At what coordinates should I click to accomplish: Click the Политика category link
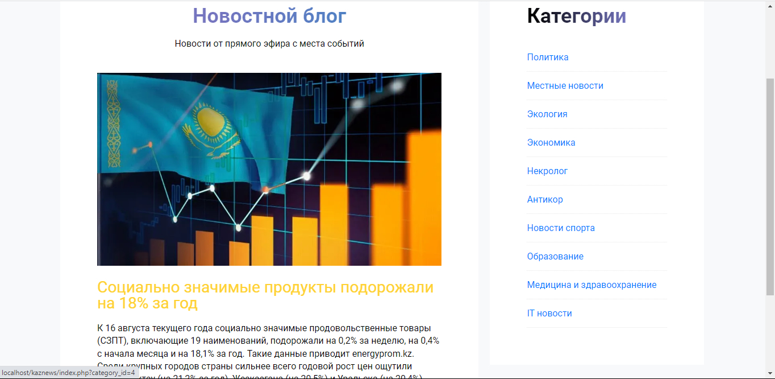(x=548, y=57)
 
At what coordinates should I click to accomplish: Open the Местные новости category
(x=565, y=86)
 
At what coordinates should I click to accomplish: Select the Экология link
(x=547, y=114)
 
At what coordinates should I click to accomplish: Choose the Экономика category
(x=551, y=143)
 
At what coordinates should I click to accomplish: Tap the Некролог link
(x=547, y=171)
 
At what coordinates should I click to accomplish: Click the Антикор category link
(x=545, y=200)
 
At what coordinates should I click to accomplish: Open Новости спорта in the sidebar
(x=561, y=228)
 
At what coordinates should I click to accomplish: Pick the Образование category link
(x=555, y=257)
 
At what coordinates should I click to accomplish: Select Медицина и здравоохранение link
(x=591, y=285)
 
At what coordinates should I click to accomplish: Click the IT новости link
(x=549, y=314)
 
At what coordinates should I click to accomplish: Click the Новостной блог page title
(x=269, y=16)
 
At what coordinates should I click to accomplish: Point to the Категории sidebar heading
(x=576, y=16)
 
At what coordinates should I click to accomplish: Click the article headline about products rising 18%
(x=265, y=295)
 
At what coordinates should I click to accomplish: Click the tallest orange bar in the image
(x=423, y=199)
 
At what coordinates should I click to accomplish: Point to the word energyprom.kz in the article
(x=382, y=353)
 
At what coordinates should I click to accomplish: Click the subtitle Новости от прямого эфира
(x=269, y=44)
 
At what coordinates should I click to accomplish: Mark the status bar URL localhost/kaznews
(x=68, y=373)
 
